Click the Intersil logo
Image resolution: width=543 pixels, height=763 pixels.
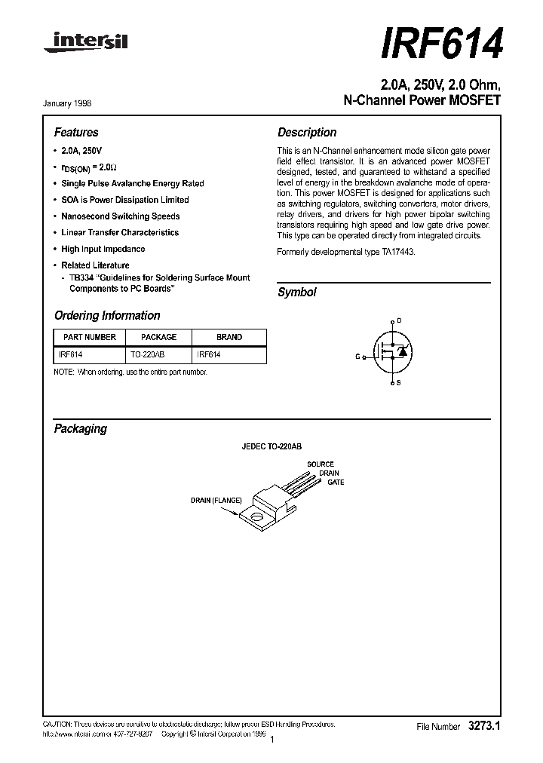pyautogui.click(x=85, y=47)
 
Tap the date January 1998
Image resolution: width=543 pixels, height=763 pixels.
pyautogui.click(x=73, y=103)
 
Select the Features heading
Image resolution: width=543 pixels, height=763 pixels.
pyautogui.click(x=76, y=133)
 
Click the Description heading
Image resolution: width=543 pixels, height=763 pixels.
pyautogui.click(x=307, y=133)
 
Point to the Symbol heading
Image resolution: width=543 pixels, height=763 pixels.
pyautogui.click(x=297, y=293)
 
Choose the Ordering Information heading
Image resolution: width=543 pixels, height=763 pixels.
pyautogui.click(x=107, y=316)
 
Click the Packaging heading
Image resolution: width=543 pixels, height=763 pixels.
pyautogui.click(x=81, y=429)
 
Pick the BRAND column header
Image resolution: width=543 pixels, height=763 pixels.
pyautogui.click(x=229, y=338)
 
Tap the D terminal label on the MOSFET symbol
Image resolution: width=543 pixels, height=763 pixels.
pyautogui.click(x=399, y=320)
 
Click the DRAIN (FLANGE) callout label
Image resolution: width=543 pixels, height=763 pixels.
pyautogui.click(x=215, y=500)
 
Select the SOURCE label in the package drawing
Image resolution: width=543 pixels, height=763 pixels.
pyautogui.click(x=321, y=464)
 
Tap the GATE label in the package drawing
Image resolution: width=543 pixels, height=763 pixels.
pyautogui.click(x=336, y=483)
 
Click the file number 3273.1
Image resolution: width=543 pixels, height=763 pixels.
pyautogui.click(x=484, y=726)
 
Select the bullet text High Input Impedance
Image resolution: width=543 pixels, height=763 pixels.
pyautogui.click(x=103, y=249)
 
